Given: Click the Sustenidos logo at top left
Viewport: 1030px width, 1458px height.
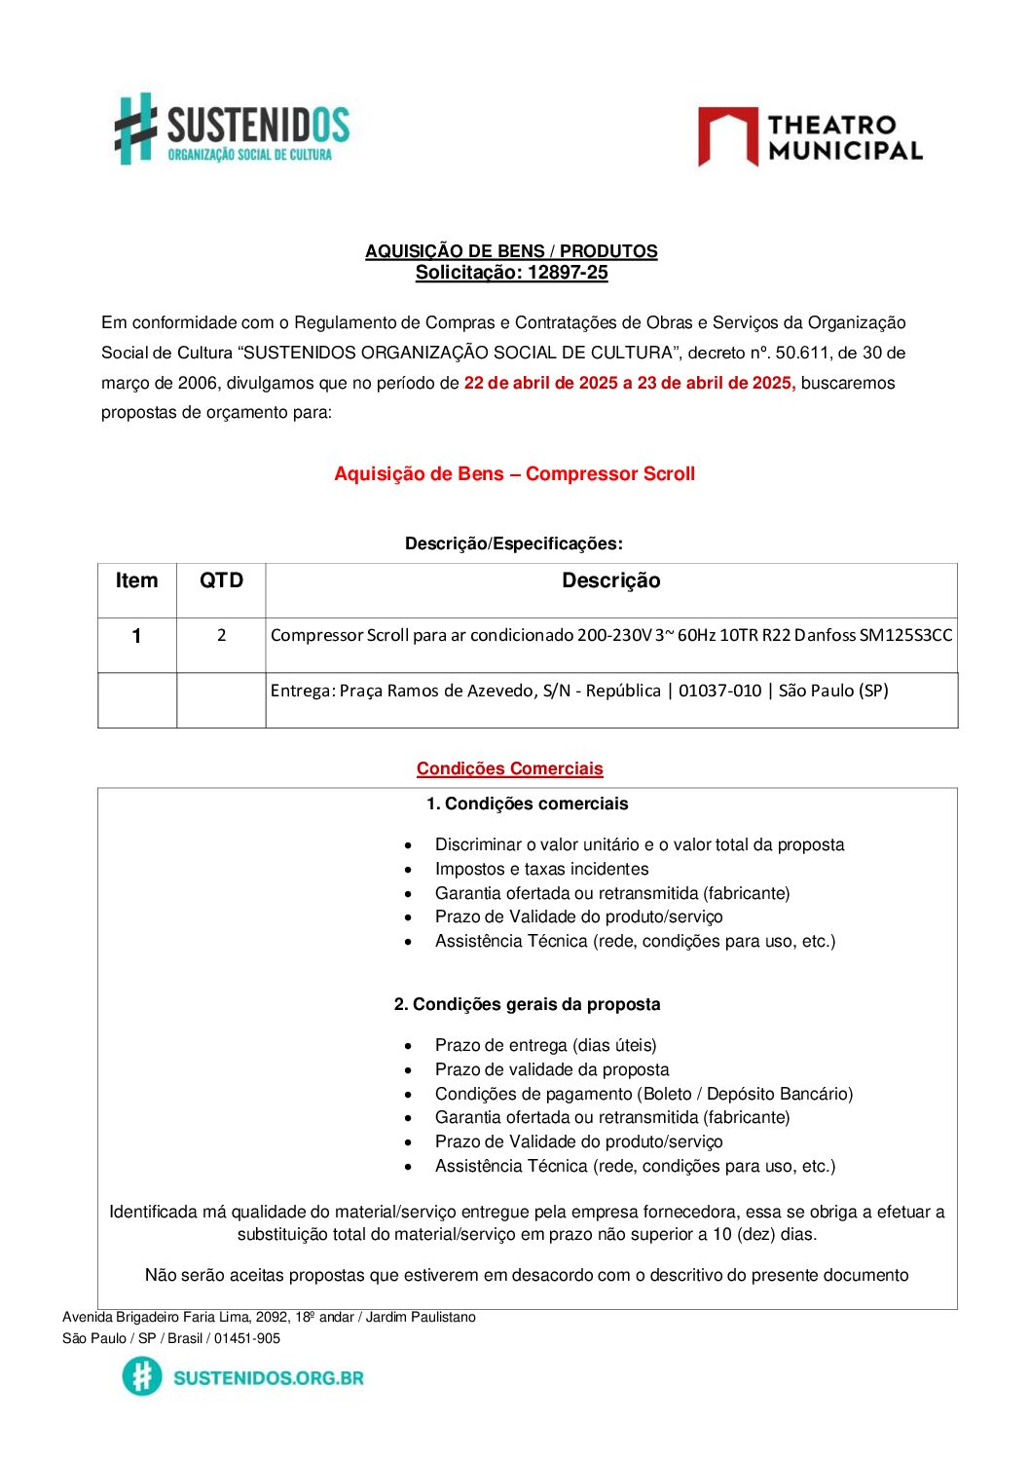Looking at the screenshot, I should [x=232, y=130].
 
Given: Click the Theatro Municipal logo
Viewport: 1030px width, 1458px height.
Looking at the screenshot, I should [x=810, y=137].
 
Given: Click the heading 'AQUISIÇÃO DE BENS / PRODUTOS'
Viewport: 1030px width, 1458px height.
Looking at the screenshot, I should [x=511, y=251].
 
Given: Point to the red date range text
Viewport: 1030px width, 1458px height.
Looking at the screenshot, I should [x=629, y=383].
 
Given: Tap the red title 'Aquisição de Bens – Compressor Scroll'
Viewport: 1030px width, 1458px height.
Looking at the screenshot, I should [x=514, y=474].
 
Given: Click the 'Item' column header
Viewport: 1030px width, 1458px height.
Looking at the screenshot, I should [x=136, y=581].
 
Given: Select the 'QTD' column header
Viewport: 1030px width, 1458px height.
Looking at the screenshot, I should [x=221, y=581].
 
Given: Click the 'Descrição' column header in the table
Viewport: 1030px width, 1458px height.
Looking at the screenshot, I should [x=610, y=581].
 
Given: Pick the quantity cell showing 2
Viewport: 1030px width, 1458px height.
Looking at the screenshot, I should [x=221, y=636].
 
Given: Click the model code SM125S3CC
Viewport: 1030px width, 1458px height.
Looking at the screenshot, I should [x=905, y=636].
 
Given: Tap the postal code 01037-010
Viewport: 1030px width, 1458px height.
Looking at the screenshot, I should [x=719, y=692].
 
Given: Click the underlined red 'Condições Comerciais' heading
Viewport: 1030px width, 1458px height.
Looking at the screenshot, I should [x=509, y=769].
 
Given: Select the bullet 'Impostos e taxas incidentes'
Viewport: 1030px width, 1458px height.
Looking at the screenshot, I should [x=541, y=869].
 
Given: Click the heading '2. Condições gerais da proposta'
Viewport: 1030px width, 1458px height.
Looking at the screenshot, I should [x=527, y=1004].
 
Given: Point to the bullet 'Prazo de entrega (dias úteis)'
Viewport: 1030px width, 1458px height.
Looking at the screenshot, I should [x=545, y=1045].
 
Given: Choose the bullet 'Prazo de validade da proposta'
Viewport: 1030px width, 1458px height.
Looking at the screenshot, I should [x=552, y=1069].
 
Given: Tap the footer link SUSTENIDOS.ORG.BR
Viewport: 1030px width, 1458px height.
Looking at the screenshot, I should [x=268, y=1378].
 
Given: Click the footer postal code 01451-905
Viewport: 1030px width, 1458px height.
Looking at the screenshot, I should [x=247, y=1338].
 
